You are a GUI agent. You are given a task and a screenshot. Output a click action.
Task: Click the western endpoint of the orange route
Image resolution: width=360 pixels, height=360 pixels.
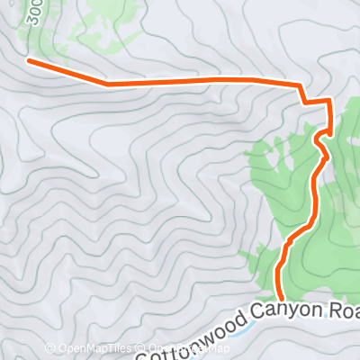pos(28,61)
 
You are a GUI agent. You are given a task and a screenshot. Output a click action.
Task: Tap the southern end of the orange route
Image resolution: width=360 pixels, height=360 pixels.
pos(280,297)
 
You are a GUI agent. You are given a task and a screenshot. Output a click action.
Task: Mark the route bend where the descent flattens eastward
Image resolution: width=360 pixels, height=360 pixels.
pos(108,84)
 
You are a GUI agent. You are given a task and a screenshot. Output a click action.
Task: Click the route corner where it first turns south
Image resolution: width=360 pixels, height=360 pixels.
pos(300,86)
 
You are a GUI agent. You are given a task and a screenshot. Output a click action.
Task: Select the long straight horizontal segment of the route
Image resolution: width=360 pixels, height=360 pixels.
pos(207,81)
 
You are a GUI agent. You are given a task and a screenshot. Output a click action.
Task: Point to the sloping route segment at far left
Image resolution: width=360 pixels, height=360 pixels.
pos(67,72)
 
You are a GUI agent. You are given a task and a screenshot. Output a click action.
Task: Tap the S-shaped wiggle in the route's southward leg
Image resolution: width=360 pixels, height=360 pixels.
pos(320,144)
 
